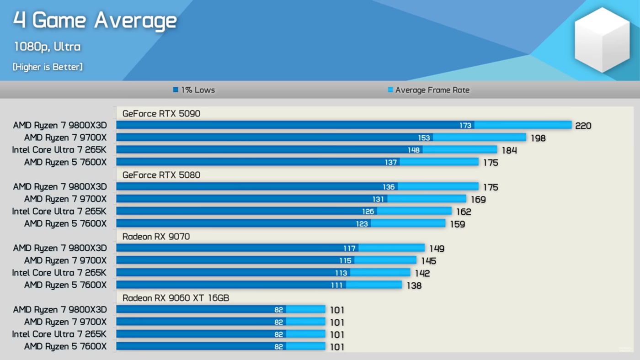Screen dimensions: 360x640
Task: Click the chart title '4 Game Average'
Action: coord(95,21)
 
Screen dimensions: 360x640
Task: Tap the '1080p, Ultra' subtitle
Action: coord(47,47)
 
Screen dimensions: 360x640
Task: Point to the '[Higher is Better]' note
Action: coord(48,67)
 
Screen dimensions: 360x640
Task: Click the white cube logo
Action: coord(602,40)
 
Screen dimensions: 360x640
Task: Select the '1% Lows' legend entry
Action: coord(194,90)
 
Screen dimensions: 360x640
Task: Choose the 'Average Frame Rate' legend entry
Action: coord(428,90)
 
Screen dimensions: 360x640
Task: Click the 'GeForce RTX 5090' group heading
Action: coord(161,114)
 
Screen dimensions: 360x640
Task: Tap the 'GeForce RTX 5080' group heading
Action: coord(161,175)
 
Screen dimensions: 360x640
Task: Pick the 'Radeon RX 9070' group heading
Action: coord(156,236)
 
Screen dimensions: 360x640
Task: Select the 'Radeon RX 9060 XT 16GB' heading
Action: coord(176,298)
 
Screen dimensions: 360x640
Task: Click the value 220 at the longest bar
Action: coord(583,126)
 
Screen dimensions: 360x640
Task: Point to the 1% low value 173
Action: coord(465,126)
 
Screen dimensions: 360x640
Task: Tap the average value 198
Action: coord(538,138)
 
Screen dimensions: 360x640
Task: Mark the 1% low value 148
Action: coord(413,150)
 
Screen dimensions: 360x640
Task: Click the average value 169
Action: coord(478,200)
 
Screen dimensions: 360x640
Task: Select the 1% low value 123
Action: coord(362,224)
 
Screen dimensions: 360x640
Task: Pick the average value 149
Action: coord(437,249)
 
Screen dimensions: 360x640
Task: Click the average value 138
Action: coord(414,286)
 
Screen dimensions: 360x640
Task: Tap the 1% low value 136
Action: coord(389,187)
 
